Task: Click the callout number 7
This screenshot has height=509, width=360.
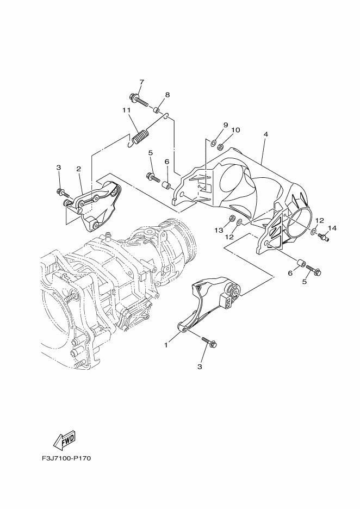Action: (141, 82)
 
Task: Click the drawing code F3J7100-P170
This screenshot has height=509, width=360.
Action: (66, 458)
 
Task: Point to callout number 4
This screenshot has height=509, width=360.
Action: (265, 134)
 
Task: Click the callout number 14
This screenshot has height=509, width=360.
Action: (332, 228)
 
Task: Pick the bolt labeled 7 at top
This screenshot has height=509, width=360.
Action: (139, 100)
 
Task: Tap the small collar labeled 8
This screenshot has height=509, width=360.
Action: (157, 109)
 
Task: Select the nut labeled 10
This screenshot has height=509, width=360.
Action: (220, 147)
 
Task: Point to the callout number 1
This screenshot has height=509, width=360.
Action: (166, 345)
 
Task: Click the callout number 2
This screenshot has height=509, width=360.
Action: (78, 169)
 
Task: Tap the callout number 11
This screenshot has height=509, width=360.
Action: (126, 110)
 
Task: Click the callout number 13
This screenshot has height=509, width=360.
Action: (219, 230)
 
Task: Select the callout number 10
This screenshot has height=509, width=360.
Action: (235, 130)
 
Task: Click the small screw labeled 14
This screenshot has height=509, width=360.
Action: (324, 237)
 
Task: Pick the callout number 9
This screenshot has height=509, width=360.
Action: (225, 125)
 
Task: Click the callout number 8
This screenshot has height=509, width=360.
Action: (167, 95)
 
